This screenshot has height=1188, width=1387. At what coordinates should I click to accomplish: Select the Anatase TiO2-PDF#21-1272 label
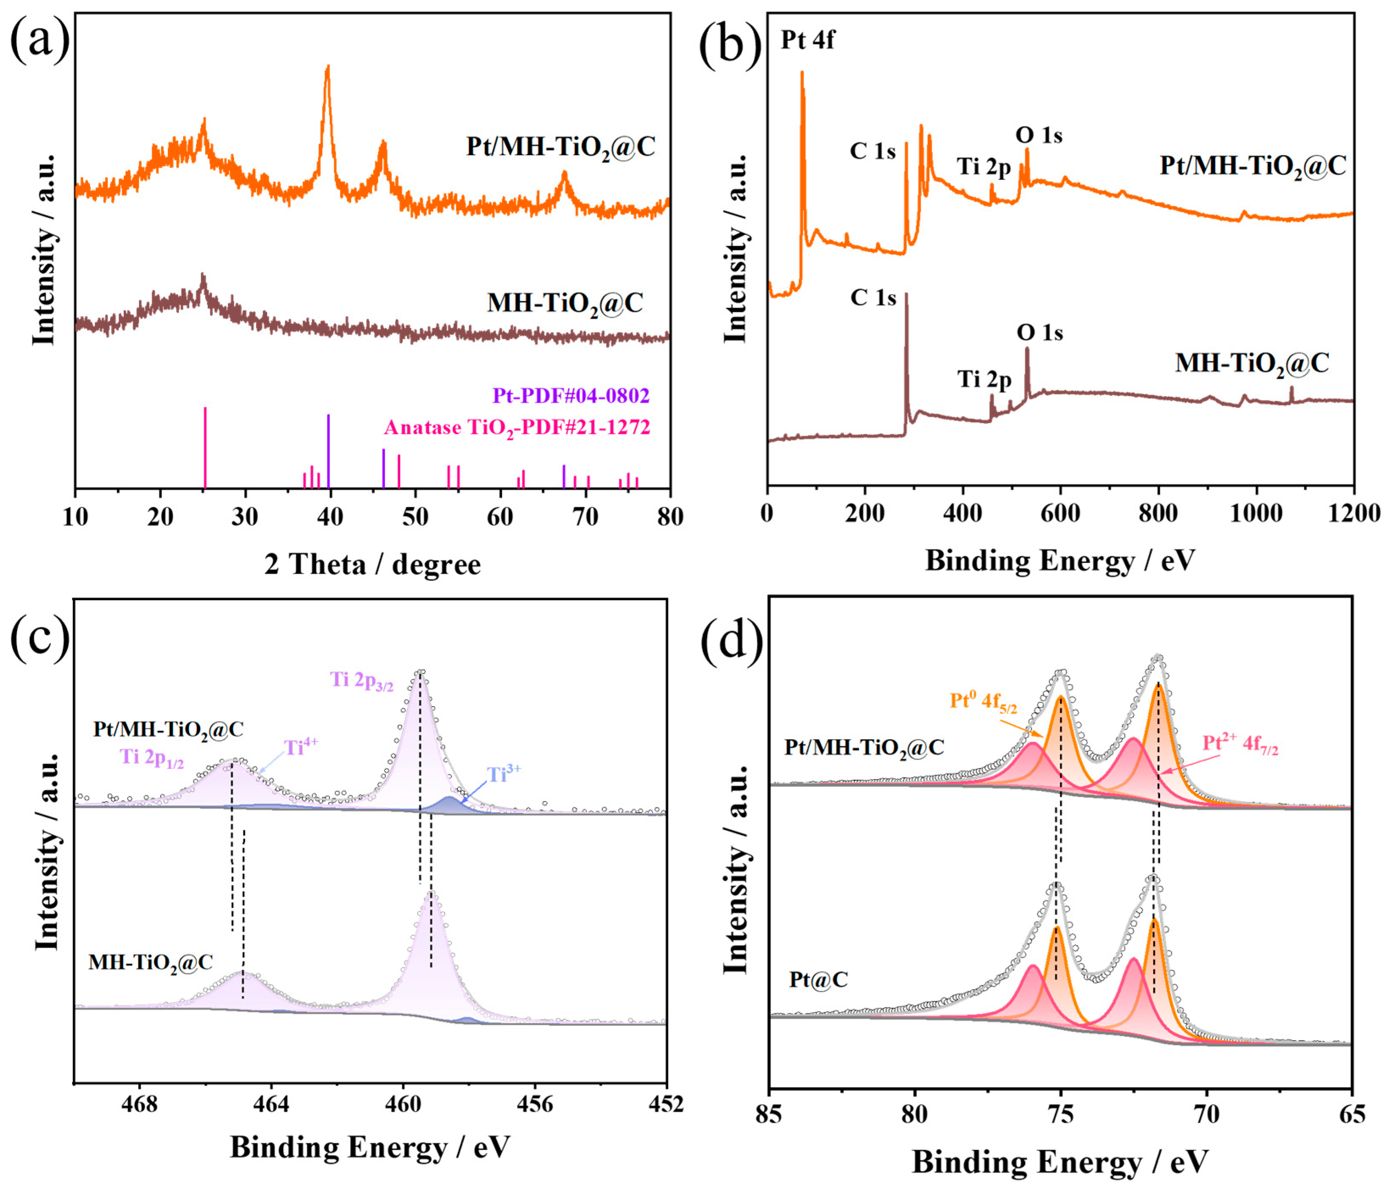pos(517,427)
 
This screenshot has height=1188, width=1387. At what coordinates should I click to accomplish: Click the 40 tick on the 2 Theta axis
pos(330,517)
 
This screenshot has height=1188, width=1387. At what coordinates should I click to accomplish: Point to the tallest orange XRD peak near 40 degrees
pos(327,67)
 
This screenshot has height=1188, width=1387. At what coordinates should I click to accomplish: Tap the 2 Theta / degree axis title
pos(372,564)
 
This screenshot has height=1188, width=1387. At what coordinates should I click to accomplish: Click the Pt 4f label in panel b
pos(807,40)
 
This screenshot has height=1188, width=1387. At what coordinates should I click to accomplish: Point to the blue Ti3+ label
pos(504,774)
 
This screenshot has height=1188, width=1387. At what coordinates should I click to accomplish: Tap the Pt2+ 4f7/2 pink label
pos(1240,744)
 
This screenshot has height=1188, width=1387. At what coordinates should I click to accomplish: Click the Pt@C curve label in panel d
pos(818,980)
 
